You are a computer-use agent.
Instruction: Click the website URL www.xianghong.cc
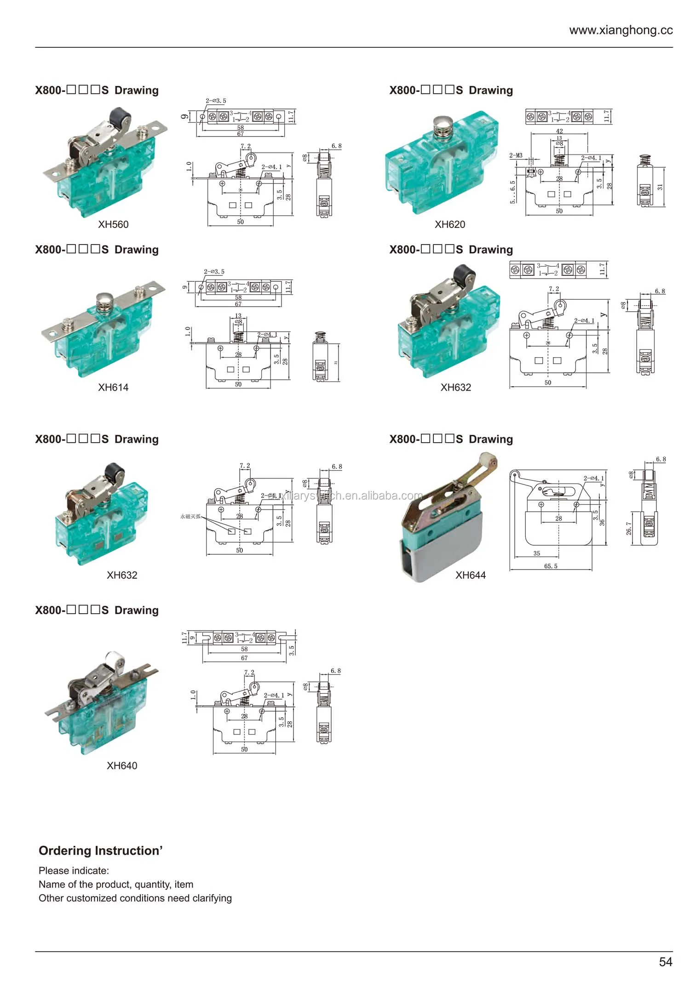621,30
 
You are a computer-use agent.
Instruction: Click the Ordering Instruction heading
100,850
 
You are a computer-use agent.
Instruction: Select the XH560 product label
113,224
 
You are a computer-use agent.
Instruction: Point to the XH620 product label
450,224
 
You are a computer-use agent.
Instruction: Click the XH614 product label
113,387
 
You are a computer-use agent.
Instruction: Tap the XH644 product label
470,575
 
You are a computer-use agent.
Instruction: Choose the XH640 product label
122,765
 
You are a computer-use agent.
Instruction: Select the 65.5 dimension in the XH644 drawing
551,566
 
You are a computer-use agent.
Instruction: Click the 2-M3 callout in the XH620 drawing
516,155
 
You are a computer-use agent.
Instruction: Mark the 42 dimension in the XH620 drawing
559,131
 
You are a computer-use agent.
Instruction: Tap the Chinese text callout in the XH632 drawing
190,516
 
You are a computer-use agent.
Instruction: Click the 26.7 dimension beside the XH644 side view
629,528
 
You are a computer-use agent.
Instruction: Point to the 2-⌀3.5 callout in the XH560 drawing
216,101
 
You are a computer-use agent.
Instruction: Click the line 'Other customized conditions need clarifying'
135,898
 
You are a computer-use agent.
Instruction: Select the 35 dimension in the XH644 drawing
536,553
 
